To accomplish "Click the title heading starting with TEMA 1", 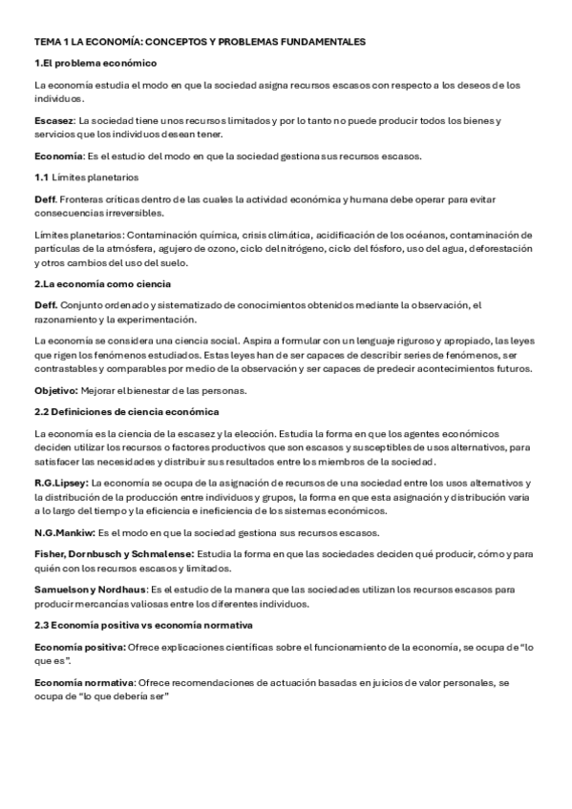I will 200,43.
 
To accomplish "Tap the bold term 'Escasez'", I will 53,120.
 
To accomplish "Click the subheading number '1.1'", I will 41,177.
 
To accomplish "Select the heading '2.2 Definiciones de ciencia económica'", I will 126,411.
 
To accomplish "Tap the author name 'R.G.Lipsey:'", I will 61,484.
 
